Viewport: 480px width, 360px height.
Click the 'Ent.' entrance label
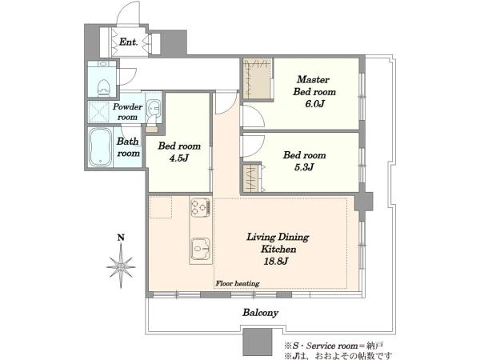pos(128,42)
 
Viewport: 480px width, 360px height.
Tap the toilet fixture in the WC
pos(103,86)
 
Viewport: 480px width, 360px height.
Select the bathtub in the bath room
pos(101,147)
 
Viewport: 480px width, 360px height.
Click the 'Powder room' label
pos(128,112)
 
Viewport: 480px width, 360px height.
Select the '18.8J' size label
pos(276,261)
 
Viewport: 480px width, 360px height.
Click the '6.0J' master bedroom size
pos(314,104)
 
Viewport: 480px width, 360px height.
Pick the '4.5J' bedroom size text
pos(178,158)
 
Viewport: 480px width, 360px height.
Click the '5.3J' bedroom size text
pos(304,167)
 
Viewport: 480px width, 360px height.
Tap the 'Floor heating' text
pos(238,283)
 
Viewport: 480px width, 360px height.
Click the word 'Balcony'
pos(260,313)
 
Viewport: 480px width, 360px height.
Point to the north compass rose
pos(122,267)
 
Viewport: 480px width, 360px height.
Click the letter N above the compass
pos(122,238)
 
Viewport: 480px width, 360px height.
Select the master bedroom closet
pos(258,78)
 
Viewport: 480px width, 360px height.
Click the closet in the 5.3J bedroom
pos(252,178)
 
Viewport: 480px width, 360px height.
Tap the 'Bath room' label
pos(128,147)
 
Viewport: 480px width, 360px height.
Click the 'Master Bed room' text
pos(314,86)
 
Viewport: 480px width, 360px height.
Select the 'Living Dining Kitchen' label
pos(278,243)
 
